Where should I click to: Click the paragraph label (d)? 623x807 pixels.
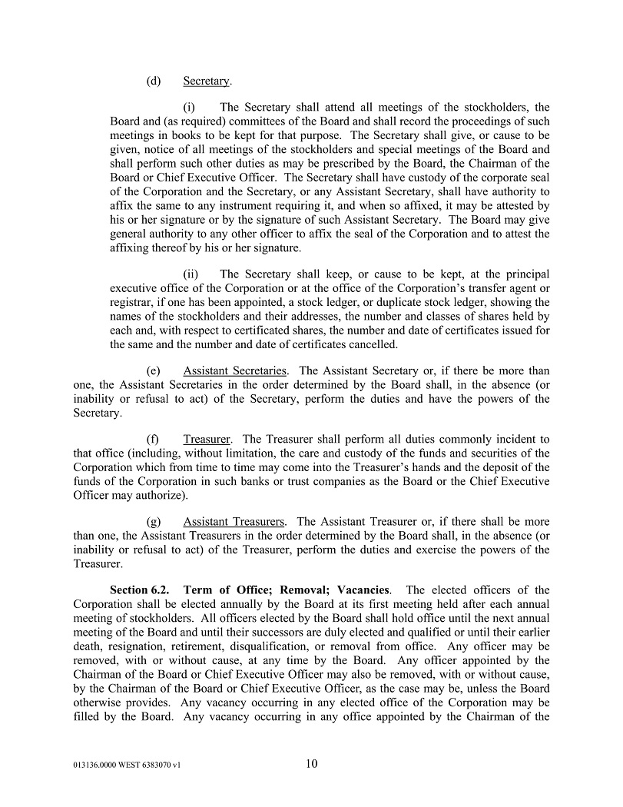(153, 81)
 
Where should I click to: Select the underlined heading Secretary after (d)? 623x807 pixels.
(206, 81)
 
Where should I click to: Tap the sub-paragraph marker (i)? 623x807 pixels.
(189, 108)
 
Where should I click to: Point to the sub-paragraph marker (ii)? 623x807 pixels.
(191, 274)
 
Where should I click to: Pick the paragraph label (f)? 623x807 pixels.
(153, 440)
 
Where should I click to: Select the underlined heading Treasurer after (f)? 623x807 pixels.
(207, 440)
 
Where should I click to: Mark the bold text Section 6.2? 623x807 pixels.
(141, 590)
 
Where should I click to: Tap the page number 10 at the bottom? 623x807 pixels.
(311, 764)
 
